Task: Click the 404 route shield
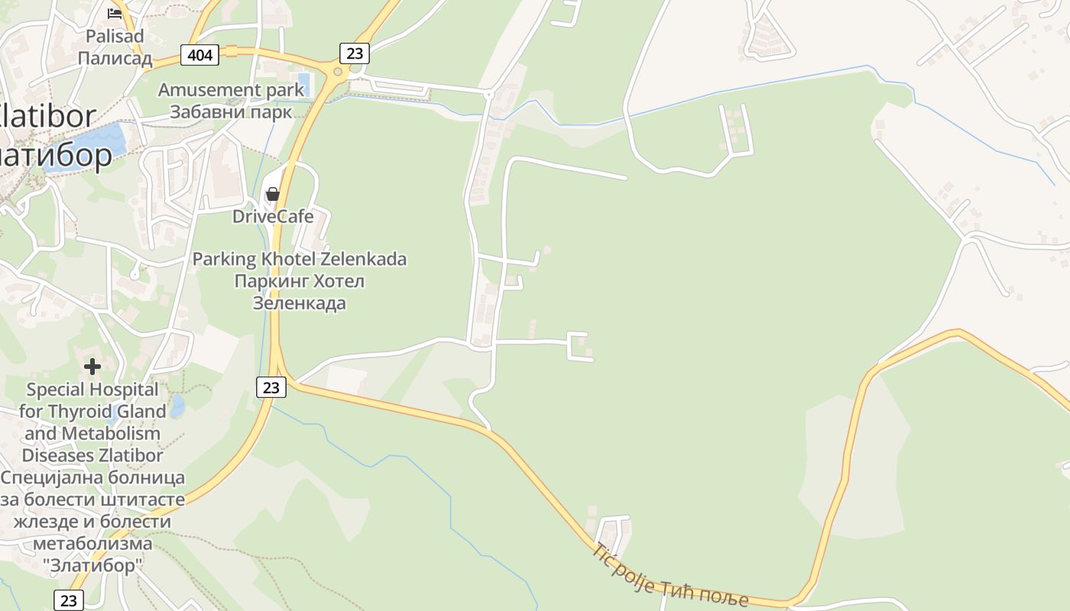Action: (x=200, y=54)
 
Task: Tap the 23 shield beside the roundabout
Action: (x=355, y=53)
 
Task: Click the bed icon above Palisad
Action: (x=115, y=13)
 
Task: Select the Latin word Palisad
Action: (x=114, y=36)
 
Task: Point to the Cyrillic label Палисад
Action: (x=115, y=58)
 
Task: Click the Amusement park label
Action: (x=231, y=90)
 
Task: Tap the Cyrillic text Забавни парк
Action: (x=231, y=112)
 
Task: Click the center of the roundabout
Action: (x=337, y=72)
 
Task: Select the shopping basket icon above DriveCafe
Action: (x=272, y=194)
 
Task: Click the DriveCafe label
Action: (x=273, y=216)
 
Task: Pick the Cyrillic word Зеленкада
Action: (x=300, y=303)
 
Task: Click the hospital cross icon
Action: (x=92, y=367)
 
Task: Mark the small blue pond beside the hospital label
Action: (x=177, y=406)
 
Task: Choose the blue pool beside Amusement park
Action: (x=303, y=80)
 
